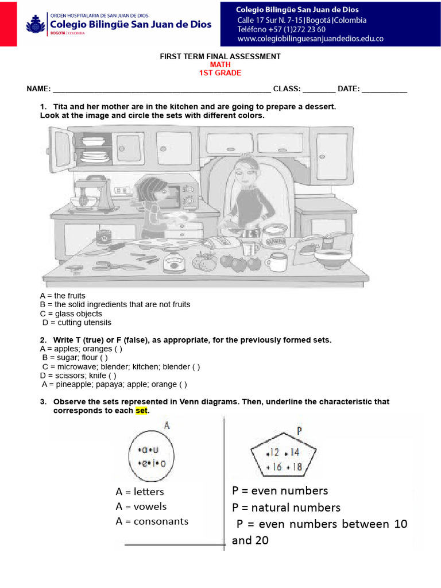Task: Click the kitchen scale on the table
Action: [173, 262]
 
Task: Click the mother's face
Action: [244, 172]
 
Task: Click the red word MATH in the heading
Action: [220, 65]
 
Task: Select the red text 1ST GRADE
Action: [220, 73]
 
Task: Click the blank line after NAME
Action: [161, 90]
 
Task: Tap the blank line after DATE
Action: [384, 90]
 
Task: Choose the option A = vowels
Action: [141, 506]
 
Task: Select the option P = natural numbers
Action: [286, 508]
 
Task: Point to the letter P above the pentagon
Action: [300, 431]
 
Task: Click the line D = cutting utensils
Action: [76, 323]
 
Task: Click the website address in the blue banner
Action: [310, 39]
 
